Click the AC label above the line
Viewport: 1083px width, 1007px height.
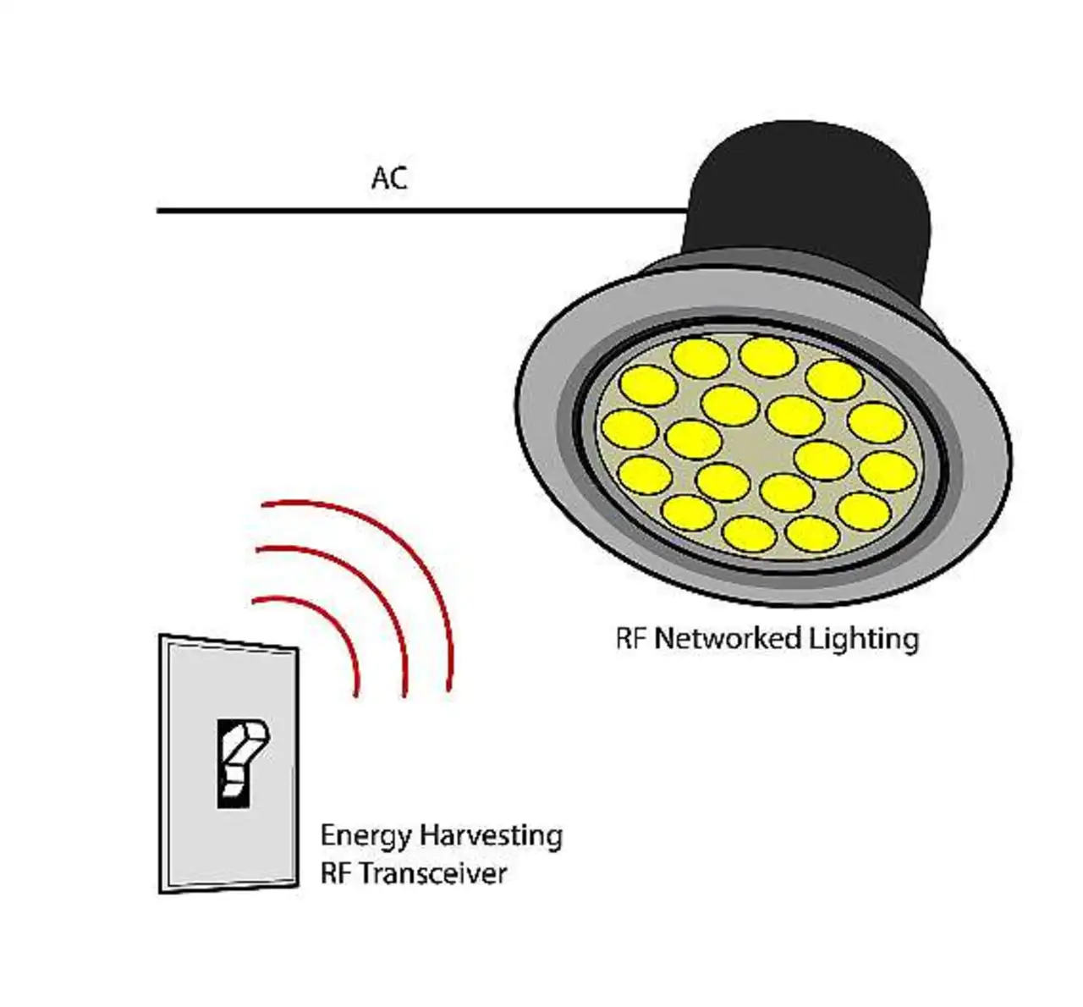(x=389, y=178)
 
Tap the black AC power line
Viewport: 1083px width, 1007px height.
(x=422, y=210)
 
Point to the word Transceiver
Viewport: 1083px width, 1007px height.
(x=434, y=873)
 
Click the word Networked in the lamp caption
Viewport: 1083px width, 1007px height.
(x=728, y=638)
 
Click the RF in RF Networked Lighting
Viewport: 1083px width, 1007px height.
(x=631, y=638)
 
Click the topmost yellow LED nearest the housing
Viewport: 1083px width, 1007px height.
(x=767, y=357)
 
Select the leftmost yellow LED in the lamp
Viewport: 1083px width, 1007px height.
(x=629, y=429)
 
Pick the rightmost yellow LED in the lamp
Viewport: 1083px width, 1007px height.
(x=888, y=471)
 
